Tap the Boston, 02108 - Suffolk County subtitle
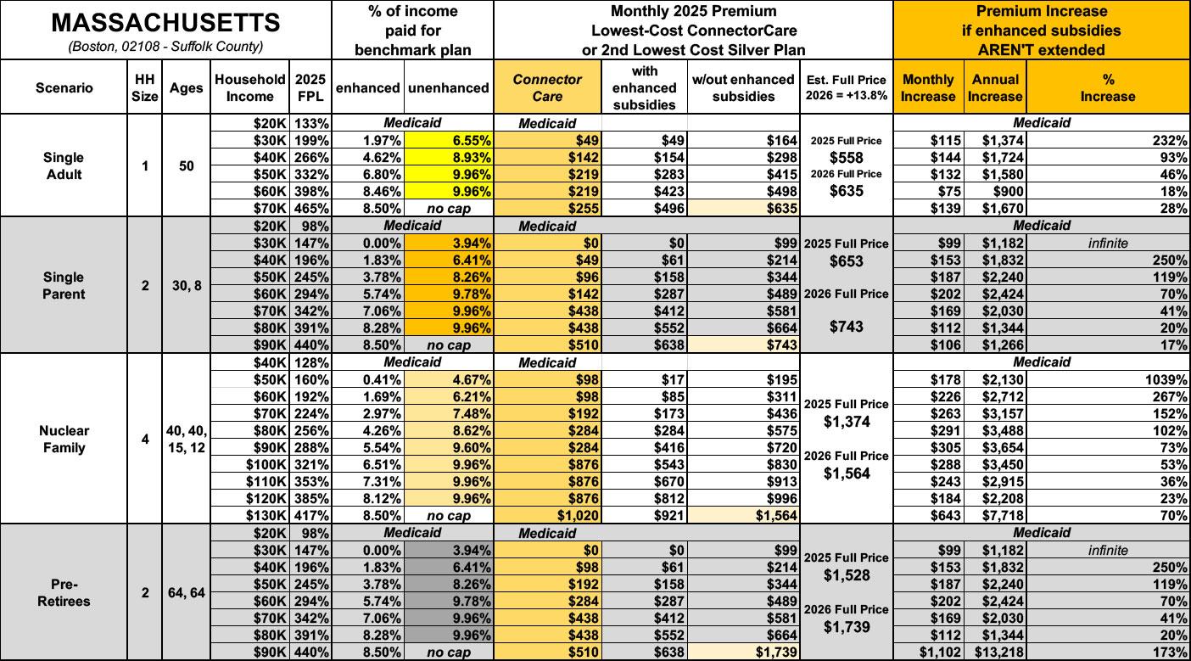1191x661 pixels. (166, 46)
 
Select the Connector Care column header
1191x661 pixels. (547, 87)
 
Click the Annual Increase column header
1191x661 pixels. (994, 87)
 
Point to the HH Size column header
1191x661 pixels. (145, 87)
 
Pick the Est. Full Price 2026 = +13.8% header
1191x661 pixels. (846, 87)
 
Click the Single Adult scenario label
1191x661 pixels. (64, 165)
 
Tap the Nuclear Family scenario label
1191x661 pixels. (64, 439)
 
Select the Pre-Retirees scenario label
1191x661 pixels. (64, 592)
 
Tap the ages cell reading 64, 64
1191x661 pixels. (186, 592)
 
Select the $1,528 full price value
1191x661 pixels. (846, 575)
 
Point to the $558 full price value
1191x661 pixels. (846, 157)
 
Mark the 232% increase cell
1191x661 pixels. (1171, 140)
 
